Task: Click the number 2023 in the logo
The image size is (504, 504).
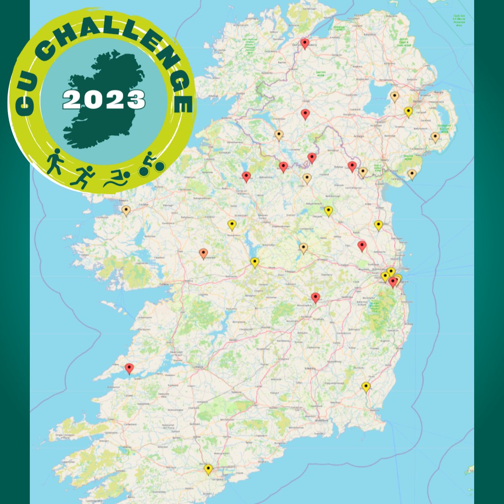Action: click(x=104, y=100)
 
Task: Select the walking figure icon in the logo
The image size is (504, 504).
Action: click(x=54, y=161)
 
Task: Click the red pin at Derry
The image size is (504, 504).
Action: click(x=305, y=43)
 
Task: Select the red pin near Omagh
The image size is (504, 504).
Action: click(x=305, y=113)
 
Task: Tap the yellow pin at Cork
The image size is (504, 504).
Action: click(x=208, y=468)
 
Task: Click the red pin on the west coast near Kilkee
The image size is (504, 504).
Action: click(x=129, y=368)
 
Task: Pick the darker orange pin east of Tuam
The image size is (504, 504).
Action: click(x=203, y=253)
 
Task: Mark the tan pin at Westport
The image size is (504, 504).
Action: click(x=126, y=210)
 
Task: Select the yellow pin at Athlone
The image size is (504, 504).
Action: click(x=255, y=262)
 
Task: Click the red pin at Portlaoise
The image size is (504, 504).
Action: click(x=315, y=297)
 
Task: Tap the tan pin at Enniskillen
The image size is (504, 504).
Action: click(x=278, y=134)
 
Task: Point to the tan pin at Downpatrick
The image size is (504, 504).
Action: click(x=435, y=136)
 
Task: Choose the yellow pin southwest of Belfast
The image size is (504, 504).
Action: click(x=408, y=111)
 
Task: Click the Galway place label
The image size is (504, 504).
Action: click(x=164, y=284)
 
